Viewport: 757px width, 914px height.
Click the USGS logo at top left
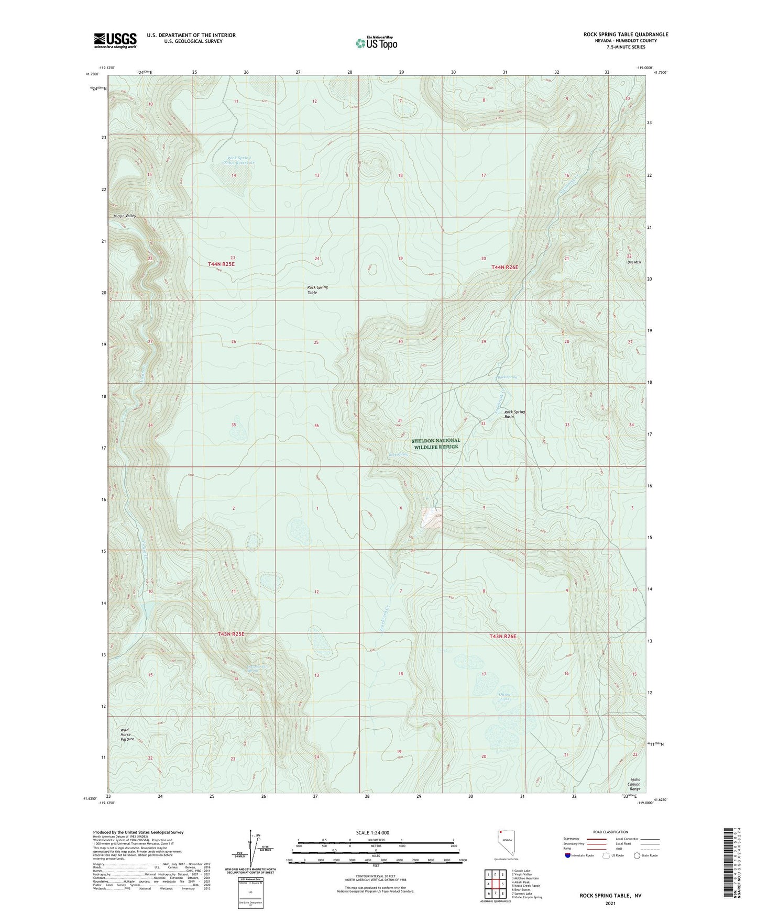pyautogui.click(x=115, y=40)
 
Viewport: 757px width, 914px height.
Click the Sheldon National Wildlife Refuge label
pyautogui.click(x=436, y=443)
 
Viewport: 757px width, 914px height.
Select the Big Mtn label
pyautogui.click(x=634, y=262)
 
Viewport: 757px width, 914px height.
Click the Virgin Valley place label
pyautogui.click(x=125, y=216)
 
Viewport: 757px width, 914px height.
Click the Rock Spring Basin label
pyautogui.click(x=514, y=414)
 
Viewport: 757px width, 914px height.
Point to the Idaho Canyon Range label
pyautogui.click(x=634, y=783)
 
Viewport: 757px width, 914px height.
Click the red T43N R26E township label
pyautogui.click(x=503, y=636)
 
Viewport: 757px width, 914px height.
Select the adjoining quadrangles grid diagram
pyautogui.click(x=495, y=884)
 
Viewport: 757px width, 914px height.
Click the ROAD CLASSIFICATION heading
pyautogui.click(x=611, y=832)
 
